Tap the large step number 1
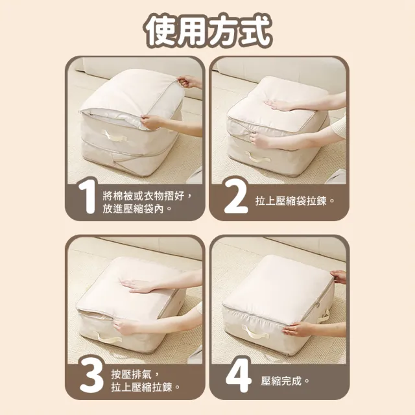coord(87,196)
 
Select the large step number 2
coord(235,196)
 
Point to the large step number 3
coord(91,374)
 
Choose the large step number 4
coord(238,374)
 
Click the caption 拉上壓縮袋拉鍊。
coord(295,201)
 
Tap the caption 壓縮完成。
coord(285,381)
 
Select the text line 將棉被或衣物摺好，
coord(147,196)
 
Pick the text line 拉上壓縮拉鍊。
coord(145,388)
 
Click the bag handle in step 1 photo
coord(114,136)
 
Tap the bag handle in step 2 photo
coord(258,158)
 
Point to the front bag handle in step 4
coord(255,332)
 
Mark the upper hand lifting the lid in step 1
coord(189,82)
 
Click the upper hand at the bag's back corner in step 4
coord(338,277)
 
